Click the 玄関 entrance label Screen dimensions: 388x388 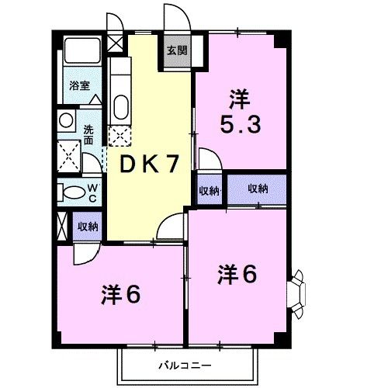pyautogui.click(x=176, y=51)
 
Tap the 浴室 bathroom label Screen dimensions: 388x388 pyautogui.click(x=77, y=85)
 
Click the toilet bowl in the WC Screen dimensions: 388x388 pyautogui.click(x=74, y=192)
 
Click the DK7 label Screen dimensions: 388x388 pyautogui.click(x=149, y=163)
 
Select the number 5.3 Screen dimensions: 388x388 pyautogui.click(x=241, y=124)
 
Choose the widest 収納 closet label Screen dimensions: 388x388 pyautogui.click(x=258, y=189)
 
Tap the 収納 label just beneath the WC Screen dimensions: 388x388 pyautogui.click(x=87, y=226)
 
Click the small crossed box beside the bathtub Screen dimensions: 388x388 pyautogui.click(x=115, y=43)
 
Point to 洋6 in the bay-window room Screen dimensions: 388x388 pyautogui.click(x=237, y=274)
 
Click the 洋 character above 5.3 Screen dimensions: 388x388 pyautogui.click(x=240, y=99)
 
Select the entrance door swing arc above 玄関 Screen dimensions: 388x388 pyautogui.click(x=171, y=17)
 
